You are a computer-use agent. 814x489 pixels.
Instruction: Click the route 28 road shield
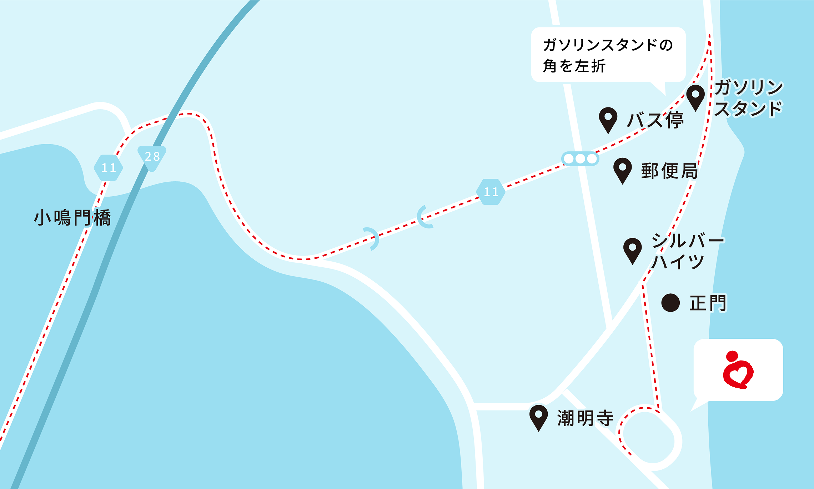point(152,157)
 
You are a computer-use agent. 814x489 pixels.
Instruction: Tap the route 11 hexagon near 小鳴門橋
point(109,168)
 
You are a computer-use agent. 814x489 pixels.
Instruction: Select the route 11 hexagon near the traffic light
point(491,192)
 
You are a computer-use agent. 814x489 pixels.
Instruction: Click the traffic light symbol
point(580,158)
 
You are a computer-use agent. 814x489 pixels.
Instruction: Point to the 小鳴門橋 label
point(72,218)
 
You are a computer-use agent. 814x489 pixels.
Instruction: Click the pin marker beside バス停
point(608,119)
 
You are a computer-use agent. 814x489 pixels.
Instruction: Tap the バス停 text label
point(655,120)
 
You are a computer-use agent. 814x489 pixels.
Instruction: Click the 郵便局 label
point(669,171)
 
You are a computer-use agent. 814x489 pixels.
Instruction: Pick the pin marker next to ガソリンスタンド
point(695,97)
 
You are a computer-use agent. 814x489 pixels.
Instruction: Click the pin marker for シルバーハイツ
point(632,250)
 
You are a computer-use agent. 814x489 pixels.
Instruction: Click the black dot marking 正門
point(670,303)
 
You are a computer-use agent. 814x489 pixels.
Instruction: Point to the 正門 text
point(708,303)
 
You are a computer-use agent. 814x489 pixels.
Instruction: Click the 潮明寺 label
point(585,418)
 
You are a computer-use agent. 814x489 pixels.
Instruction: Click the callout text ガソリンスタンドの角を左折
point(608,55)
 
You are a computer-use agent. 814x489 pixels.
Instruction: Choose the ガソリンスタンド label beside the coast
point(748,98)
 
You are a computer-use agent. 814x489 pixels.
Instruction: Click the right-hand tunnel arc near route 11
point(425,217)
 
